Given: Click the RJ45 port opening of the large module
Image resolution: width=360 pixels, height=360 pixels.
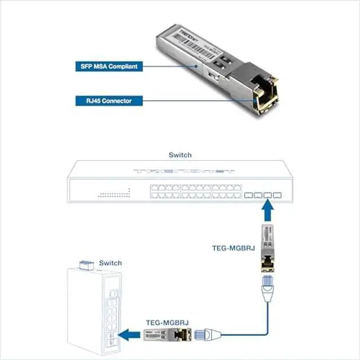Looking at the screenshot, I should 262,97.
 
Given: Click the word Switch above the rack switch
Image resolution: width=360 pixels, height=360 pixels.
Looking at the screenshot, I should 180,155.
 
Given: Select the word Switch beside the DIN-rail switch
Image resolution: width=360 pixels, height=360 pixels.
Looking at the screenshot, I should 110,263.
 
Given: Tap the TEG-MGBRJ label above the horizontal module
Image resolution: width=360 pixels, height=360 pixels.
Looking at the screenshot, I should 168,323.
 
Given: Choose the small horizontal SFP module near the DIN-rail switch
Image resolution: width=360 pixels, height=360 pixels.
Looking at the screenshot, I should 168,336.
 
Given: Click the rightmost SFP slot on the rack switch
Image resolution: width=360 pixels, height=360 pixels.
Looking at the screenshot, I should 277,196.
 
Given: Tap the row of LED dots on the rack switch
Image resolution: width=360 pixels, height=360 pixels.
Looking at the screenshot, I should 114,195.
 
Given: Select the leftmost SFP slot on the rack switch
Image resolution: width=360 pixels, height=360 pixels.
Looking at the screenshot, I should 248,196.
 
